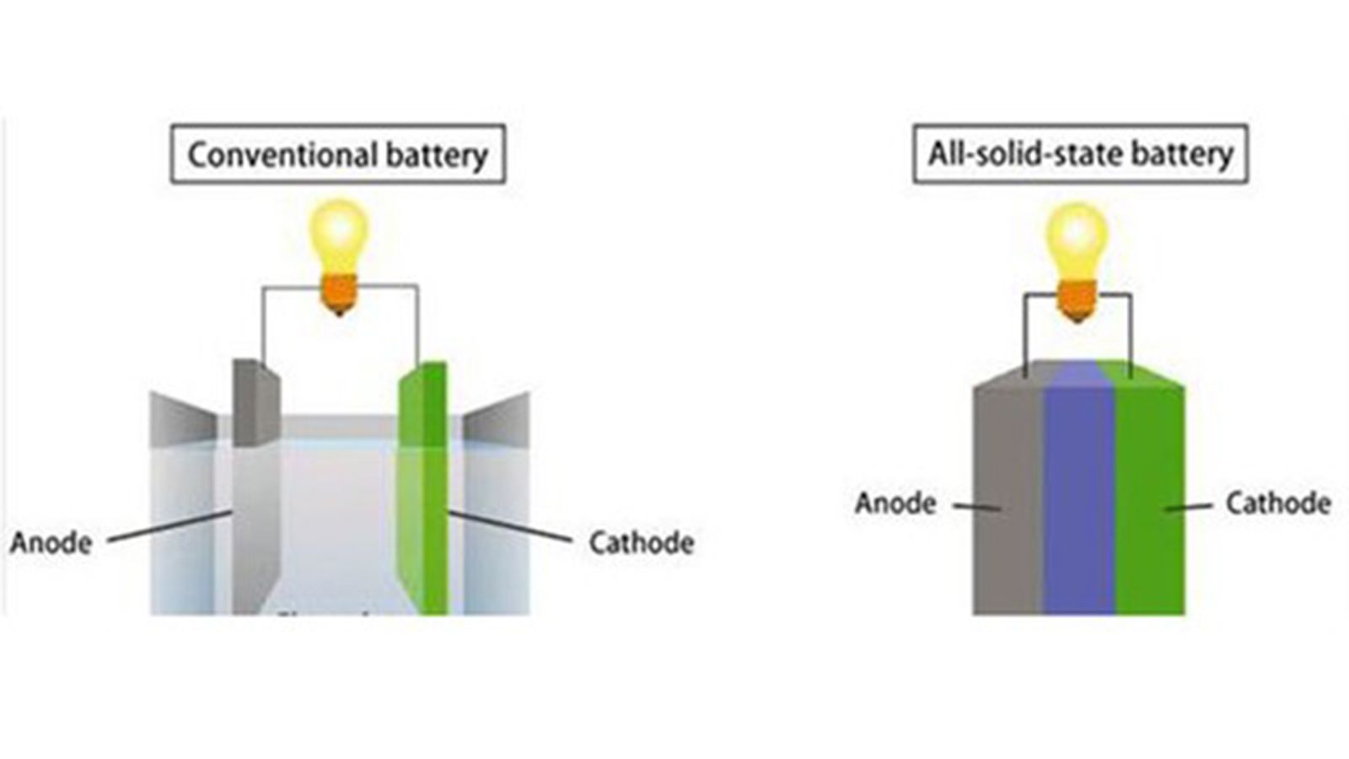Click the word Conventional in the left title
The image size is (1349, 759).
(282, 155)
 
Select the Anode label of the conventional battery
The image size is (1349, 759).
(51, 542)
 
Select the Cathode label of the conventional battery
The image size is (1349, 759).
(641, 542)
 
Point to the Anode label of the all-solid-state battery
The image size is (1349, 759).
(895, 503)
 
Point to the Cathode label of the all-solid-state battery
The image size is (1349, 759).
(1277, 503)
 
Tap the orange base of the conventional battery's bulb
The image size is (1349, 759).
(339, 294)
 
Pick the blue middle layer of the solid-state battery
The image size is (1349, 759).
(1079, 498)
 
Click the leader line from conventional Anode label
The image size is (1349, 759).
(169, 526)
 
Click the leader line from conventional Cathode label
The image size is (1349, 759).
(510, 526)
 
